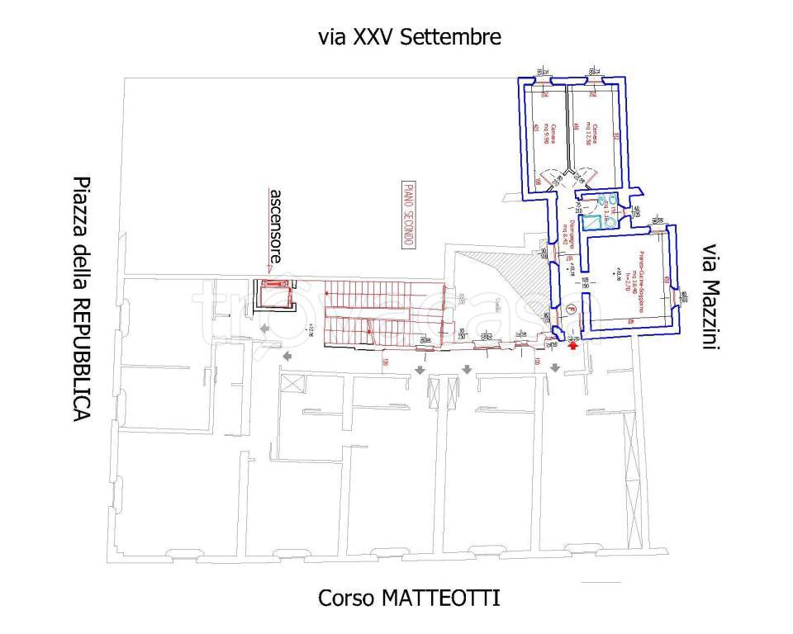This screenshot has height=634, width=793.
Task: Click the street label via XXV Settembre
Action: pyautogui.click(x=410, y=37)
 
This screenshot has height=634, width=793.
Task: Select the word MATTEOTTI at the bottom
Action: pyautogui.click(x=442, y=598)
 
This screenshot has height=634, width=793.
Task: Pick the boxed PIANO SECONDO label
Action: pyautogui.click(x=408, y=214)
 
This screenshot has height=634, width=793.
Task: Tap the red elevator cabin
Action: pyautogui.click(x=273, y=295)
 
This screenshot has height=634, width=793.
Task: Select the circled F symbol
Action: pyautogui.click(x=570, y=310)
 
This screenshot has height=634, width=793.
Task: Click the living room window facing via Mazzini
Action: pyautogui.click(x=682, y=298)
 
